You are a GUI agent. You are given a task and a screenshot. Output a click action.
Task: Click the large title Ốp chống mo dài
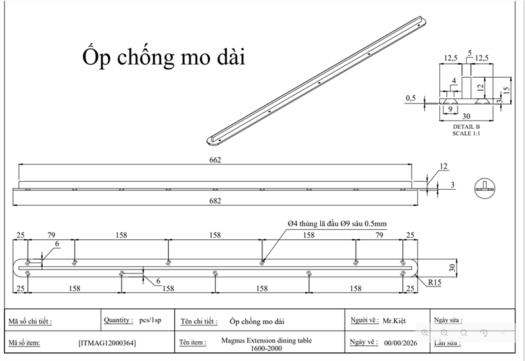(164, 57)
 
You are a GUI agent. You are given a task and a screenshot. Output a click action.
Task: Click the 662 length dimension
(215, 160)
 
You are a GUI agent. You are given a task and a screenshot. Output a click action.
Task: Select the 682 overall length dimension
(215, 201)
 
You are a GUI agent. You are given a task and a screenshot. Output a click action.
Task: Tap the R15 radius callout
(435, 283)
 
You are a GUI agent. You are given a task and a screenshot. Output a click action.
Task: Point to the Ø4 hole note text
(337, 223)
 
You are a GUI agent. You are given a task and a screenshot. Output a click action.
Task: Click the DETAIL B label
(466, 126)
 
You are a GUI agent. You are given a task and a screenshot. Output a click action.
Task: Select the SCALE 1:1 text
(466, 133)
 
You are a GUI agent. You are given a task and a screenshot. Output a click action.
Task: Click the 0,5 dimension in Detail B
(410, 98)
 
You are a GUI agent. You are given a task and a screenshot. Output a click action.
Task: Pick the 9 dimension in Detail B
(450, 109)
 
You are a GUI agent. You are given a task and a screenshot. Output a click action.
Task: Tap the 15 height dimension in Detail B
(506, 90)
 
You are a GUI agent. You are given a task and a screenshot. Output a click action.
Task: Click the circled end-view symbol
(485, 188)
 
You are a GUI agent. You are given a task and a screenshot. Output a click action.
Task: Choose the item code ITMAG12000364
(107, 343)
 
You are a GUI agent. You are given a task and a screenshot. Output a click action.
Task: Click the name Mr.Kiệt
(394, 321)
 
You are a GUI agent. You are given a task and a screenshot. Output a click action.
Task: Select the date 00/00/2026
(401, 343)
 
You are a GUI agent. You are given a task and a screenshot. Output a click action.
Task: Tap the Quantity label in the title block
(118, 320)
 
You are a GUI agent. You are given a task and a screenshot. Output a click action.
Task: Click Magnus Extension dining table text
(266, 340)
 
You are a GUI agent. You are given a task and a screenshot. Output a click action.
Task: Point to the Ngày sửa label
(448, 320)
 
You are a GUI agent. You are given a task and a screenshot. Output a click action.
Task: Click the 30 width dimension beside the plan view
(452, 268)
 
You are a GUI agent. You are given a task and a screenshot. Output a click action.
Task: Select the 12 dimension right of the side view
(443, 167)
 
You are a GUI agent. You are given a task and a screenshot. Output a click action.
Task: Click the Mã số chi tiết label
(30, 321)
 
